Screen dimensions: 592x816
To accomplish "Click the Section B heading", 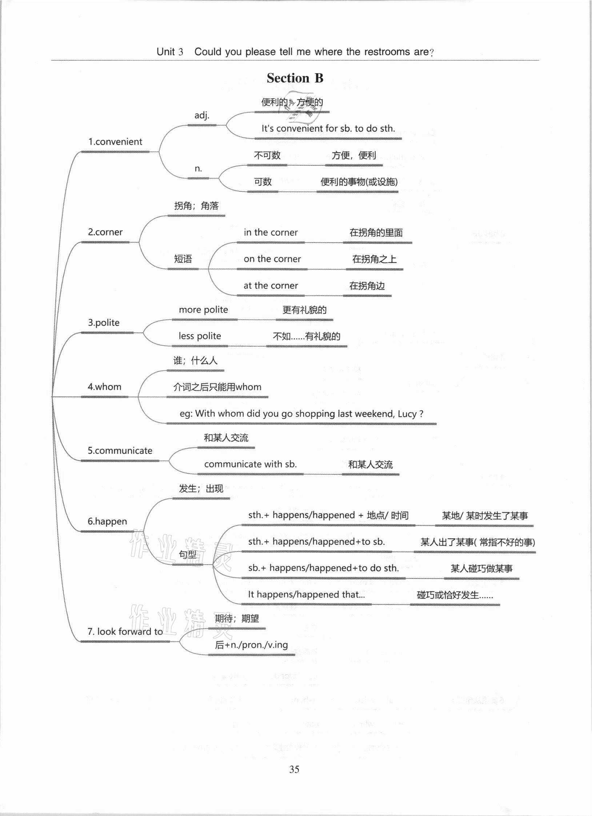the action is click(295, 78).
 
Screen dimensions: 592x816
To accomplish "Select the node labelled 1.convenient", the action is click(115, 142).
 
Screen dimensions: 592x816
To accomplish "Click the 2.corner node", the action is click(105, 232).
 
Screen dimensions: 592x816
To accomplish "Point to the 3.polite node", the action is click(104, 323).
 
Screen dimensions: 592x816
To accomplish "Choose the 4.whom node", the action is click(104, 387).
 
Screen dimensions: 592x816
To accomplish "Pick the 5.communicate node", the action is click(120, 451).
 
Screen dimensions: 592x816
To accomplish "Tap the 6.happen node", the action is click(107, 521).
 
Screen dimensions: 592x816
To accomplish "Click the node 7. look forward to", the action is click(125, 632).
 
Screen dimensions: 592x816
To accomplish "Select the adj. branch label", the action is click(202, 115).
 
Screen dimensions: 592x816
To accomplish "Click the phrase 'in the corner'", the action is click(271, 232).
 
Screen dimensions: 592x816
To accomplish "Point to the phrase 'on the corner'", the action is click(272, 259).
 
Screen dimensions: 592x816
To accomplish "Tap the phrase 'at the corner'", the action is click(271, 286).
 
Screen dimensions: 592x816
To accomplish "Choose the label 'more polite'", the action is click(203, 310).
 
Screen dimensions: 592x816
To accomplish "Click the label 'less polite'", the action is click(200, 336).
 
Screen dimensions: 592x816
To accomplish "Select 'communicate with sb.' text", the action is click(250, 464).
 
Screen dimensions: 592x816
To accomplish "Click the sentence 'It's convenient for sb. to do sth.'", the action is click(328, 128).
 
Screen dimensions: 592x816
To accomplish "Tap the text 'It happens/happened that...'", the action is click(306, 594).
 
